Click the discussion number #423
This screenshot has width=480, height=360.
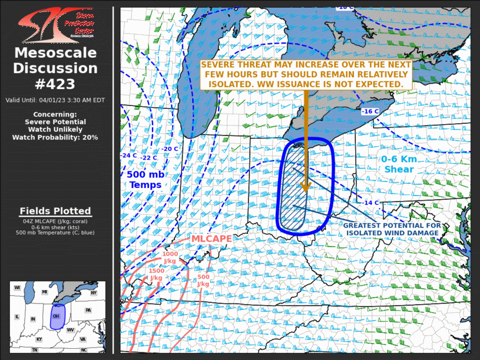(56, 83)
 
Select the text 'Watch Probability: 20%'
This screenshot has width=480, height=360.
(55, 137)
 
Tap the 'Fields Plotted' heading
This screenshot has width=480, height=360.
(55, 211)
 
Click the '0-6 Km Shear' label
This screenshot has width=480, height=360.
(399, 164)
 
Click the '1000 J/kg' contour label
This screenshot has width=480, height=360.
(170, 257)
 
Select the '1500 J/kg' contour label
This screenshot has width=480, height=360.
(157, 274)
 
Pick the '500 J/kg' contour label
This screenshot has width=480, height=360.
(203, 280)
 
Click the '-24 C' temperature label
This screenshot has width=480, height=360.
(129, 156)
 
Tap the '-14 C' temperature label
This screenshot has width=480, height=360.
(370, 203)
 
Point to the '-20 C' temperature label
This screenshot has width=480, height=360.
(170, 149)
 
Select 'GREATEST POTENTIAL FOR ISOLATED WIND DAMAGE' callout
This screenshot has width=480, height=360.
(391, 229)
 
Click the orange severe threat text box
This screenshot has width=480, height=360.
(305, 74)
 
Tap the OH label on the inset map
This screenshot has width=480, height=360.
(57, 316)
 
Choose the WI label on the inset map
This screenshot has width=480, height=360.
(17, 288)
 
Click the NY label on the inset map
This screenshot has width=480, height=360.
(94, 292)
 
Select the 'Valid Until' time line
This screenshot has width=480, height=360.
(55, 100)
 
